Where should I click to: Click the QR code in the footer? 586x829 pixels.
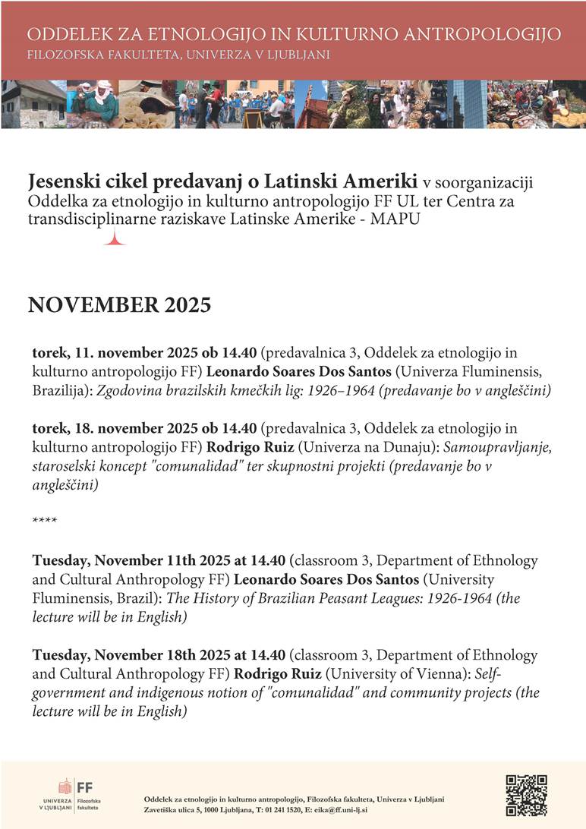pyautogui.click(x=526, y=795)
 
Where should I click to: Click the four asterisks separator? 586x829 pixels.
pyautogui.click(x=45, y=521)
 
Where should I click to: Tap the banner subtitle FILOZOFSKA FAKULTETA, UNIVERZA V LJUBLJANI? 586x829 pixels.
pyautogui.click(x=178, y=55)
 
